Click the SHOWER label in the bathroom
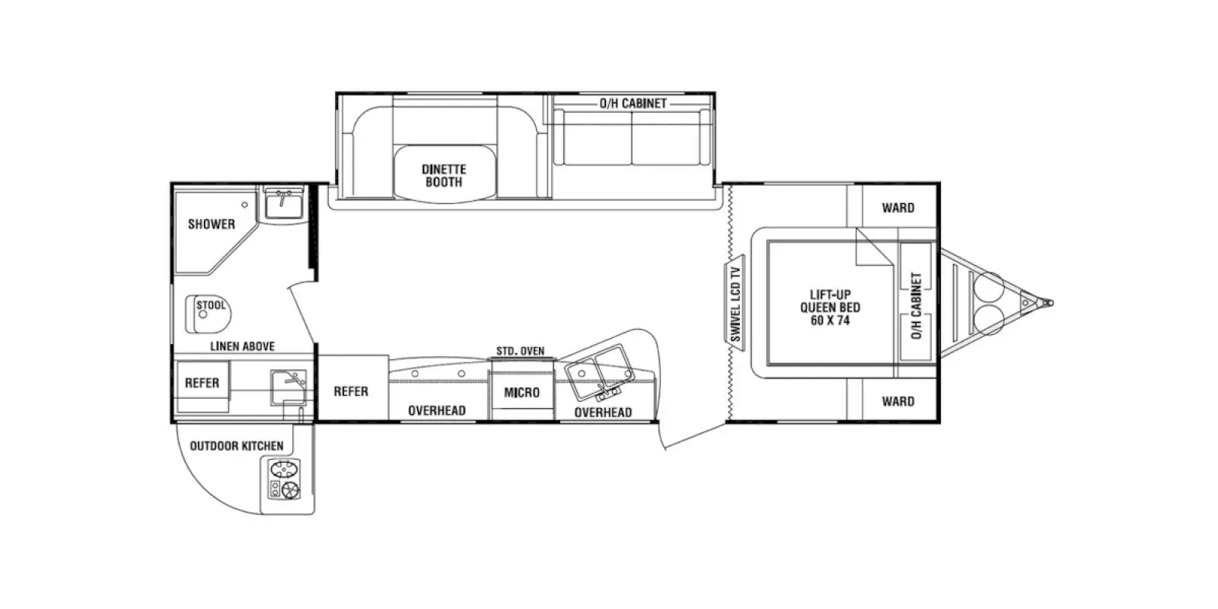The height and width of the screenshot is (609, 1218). click(212, 224)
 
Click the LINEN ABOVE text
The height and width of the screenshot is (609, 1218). click(242, 346)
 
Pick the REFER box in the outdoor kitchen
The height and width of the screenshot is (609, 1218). click(202, 383)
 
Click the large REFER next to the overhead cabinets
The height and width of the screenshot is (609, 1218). click(351, 391)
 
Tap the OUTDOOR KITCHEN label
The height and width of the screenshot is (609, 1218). click(236, 446)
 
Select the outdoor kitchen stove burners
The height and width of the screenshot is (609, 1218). click(284, 480)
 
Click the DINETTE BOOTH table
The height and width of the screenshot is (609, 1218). click(445, 175)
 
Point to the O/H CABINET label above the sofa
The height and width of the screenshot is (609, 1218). click(633, 104)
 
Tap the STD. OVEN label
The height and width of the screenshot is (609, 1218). click(521, 351)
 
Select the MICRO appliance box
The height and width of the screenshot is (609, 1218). click(521, 392)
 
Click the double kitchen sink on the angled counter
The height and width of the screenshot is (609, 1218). click(600, 370)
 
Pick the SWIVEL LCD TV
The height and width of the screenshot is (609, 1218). click(735, 304)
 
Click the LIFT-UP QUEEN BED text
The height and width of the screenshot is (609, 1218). click(830, 308)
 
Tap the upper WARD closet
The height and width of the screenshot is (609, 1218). click(898, 208)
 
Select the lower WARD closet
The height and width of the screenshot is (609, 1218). click(898, 401)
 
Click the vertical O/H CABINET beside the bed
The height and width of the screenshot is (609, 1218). click(916, 304)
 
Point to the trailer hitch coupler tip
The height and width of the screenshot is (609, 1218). click(1049, 303)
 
